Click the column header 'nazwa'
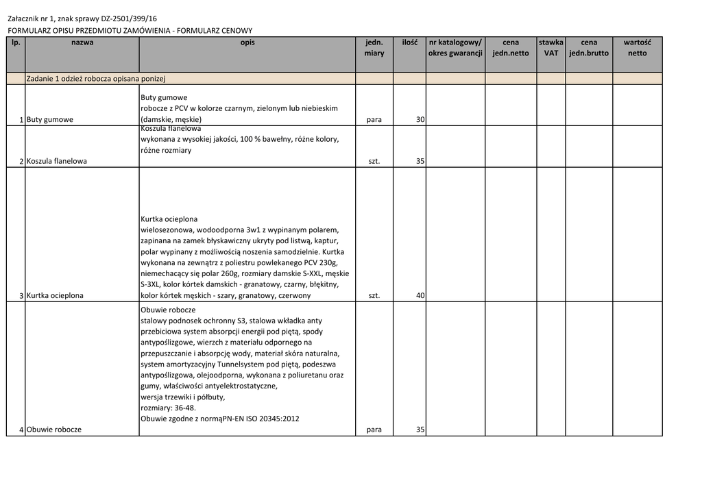(82, 42)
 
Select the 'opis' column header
(247, 42)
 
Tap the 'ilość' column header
(409, 42)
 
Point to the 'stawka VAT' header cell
(551, 47)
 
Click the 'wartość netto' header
(637, 47)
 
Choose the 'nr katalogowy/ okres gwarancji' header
(455, 47)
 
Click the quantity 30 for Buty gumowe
(420, 120)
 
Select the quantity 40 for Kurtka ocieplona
(420, 296)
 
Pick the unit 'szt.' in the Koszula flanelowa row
(374, 162)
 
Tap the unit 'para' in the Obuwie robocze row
(374, 430)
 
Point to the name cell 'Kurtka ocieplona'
(55, 296)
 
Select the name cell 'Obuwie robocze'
(54, 430)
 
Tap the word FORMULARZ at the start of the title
(25, 31)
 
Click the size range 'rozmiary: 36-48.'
(168, 408)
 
